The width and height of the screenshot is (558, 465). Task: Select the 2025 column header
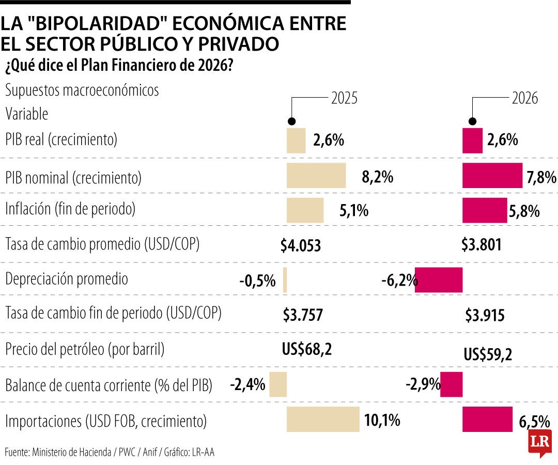pos(344,98)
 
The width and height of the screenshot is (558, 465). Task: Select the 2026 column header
pos(525,98)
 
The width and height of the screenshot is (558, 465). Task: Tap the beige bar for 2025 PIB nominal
pos(316,175)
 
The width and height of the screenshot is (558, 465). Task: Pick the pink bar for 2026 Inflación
pos(485,210)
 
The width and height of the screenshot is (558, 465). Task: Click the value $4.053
pos(301,245)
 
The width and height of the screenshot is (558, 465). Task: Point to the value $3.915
pos(485,315)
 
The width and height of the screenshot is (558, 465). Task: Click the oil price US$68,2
pos(306,349)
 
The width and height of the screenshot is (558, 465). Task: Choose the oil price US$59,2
pos(488,354)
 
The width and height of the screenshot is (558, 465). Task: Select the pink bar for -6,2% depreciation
pos(439,280)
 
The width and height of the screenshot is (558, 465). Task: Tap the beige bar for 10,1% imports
pos(323,419)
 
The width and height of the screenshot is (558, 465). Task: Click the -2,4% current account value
pos(248,384)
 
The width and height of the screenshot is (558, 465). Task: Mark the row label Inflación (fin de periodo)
pos(70,209)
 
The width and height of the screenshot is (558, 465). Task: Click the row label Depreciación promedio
pos(67,279)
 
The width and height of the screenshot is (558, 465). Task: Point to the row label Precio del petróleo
pos(85,349)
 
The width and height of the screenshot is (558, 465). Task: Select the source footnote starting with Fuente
pos(109,452)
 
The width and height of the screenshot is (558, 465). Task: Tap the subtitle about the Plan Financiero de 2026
pos(119,66)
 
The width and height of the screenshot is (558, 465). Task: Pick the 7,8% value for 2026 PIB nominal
pos(541,178)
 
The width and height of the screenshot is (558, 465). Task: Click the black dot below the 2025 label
pos(292,121)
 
